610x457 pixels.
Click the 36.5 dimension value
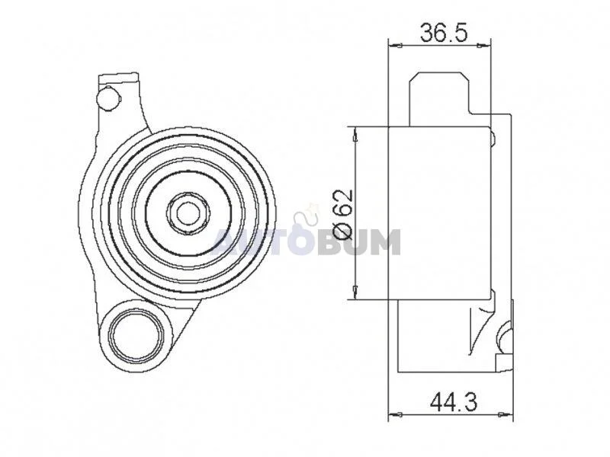point(443,33)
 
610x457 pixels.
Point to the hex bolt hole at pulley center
point(188,213)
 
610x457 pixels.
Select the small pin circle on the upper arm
point(107,98)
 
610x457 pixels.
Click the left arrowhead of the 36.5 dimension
point(395,46)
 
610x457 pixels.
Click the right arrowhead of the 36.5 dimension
point(484,46)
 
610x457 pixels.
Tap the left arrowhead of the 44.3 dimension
point(395,414)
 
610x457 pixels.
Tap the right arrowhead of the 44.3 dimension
point(506,414)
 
